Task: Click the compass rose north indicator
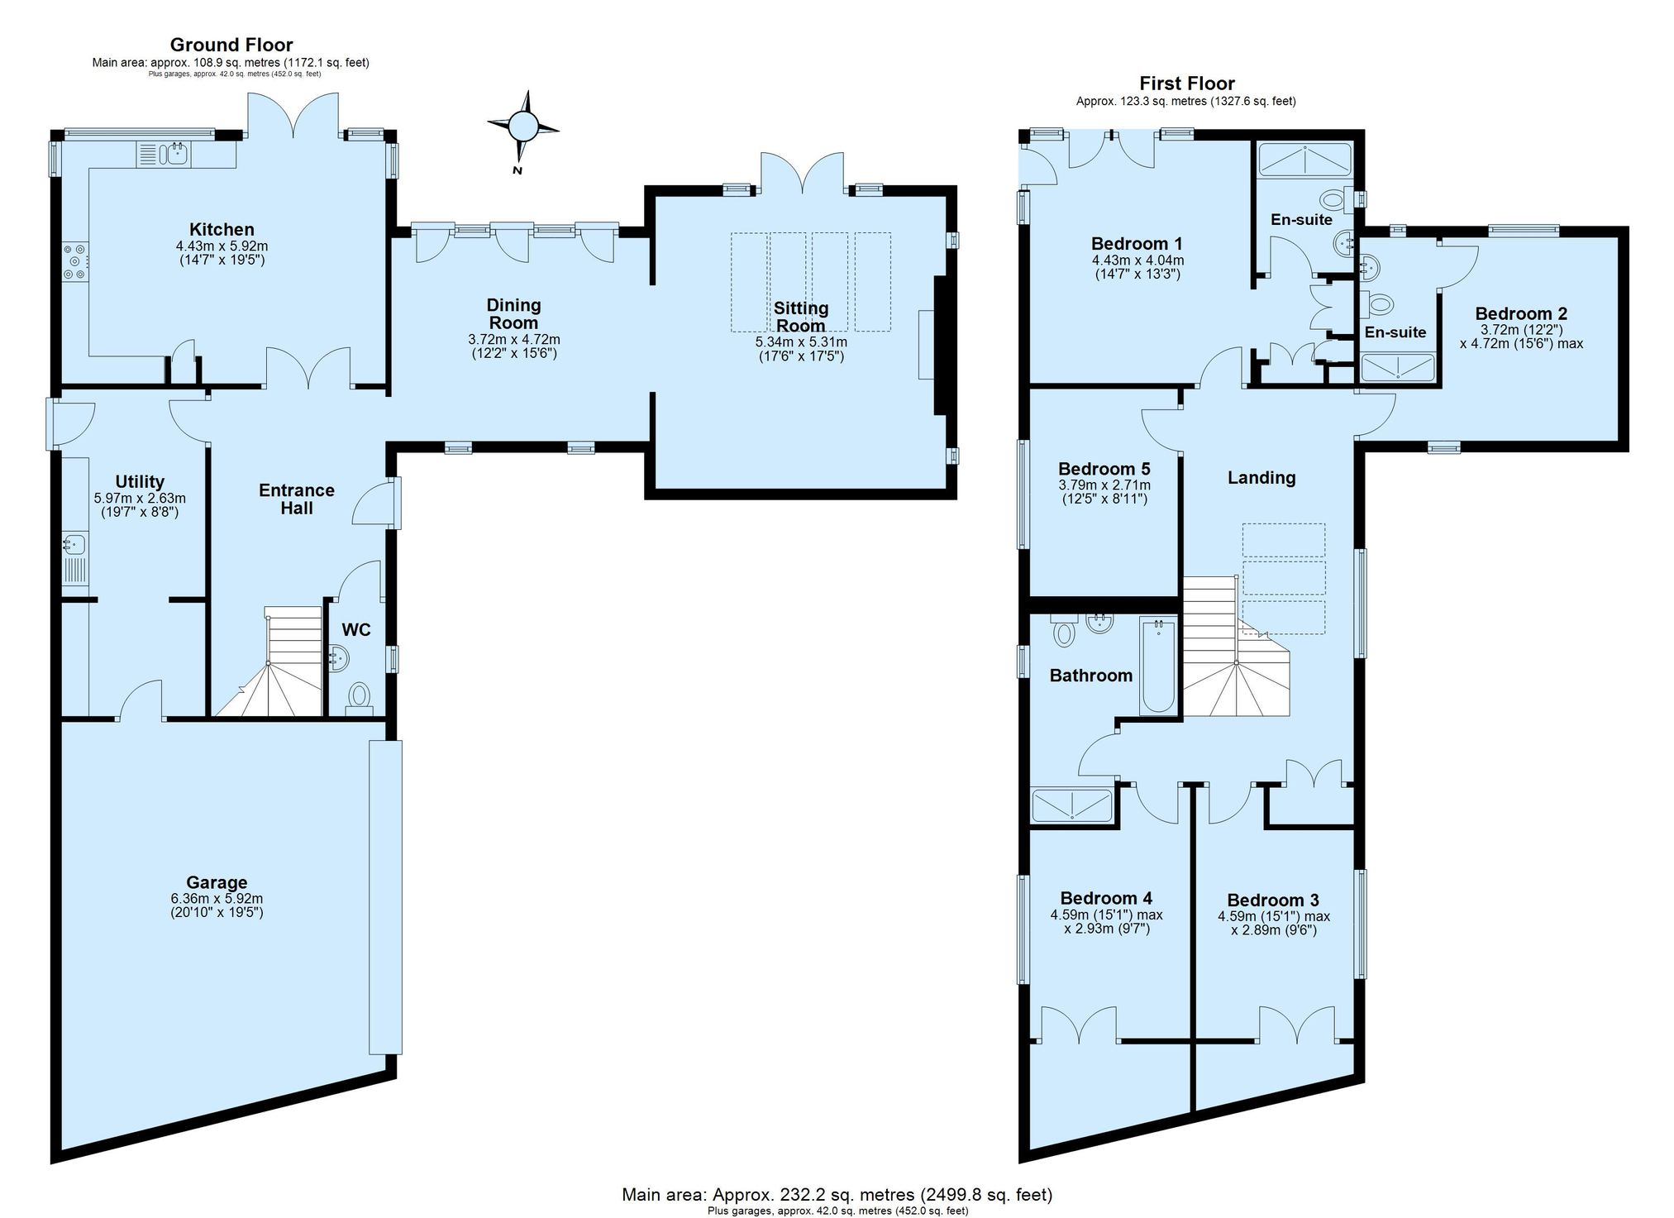(x=522, y=127)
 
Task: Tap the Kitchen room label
(x=222, y=230)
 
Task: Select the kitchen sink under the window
(x=175, y=153)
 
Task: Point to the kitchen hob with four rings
(x=74, y=261)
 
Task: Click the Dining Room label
(x=513, y=314)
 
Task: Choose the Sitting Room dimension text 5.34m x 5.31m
(x=801, y=342)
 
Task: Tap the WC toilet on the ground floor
(x=359, y=695)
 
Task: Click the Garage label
(x=217, y=882)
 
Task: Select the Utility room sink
(x=74, y=545)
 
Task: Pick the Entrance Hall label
(x=297, y=499)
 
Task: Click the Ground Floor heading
(x=231, y=45)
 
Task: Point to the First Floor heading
(x=1187, y=84)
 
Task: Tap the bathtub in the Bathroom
(x=1157, y=665)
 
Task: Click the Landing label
(x=1261, y=477)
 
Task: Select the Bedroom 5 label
(x=1104, y=469)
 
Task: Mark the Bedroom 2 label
(x=1521, y=313)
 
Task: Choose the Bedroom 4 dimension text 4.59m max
(x=1106, y=915)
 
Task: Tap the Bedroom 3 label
(x=1273, y=900)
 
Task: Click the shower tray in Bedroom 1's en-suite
(x=1304, y=160)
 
